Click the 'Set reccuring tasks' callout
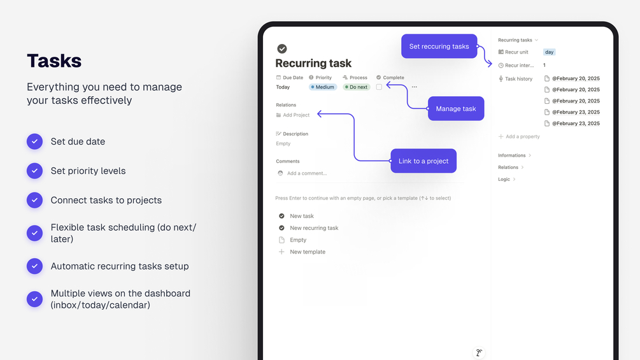(439, 46)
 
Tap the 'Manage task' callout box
(456, 108)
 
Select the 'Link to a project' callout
(423, 161)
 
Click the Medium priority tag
(322, 87)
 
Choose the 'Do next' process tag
(357, 87)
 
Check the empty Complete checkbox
(379, 87)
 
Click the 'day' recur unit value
(549, 52)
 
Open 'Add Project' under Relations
(293, 115)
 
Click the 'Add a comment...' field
(306, 173)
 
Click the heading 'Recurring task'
(313, 63)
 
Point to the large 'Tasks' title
(54, 61)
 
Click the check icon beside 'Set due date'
(34, 141)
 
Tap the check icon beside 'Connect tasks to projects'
(34, 200)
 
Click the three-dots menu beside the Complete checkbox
(415, 87)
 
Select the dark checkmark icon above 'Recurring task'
(282, 48)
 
